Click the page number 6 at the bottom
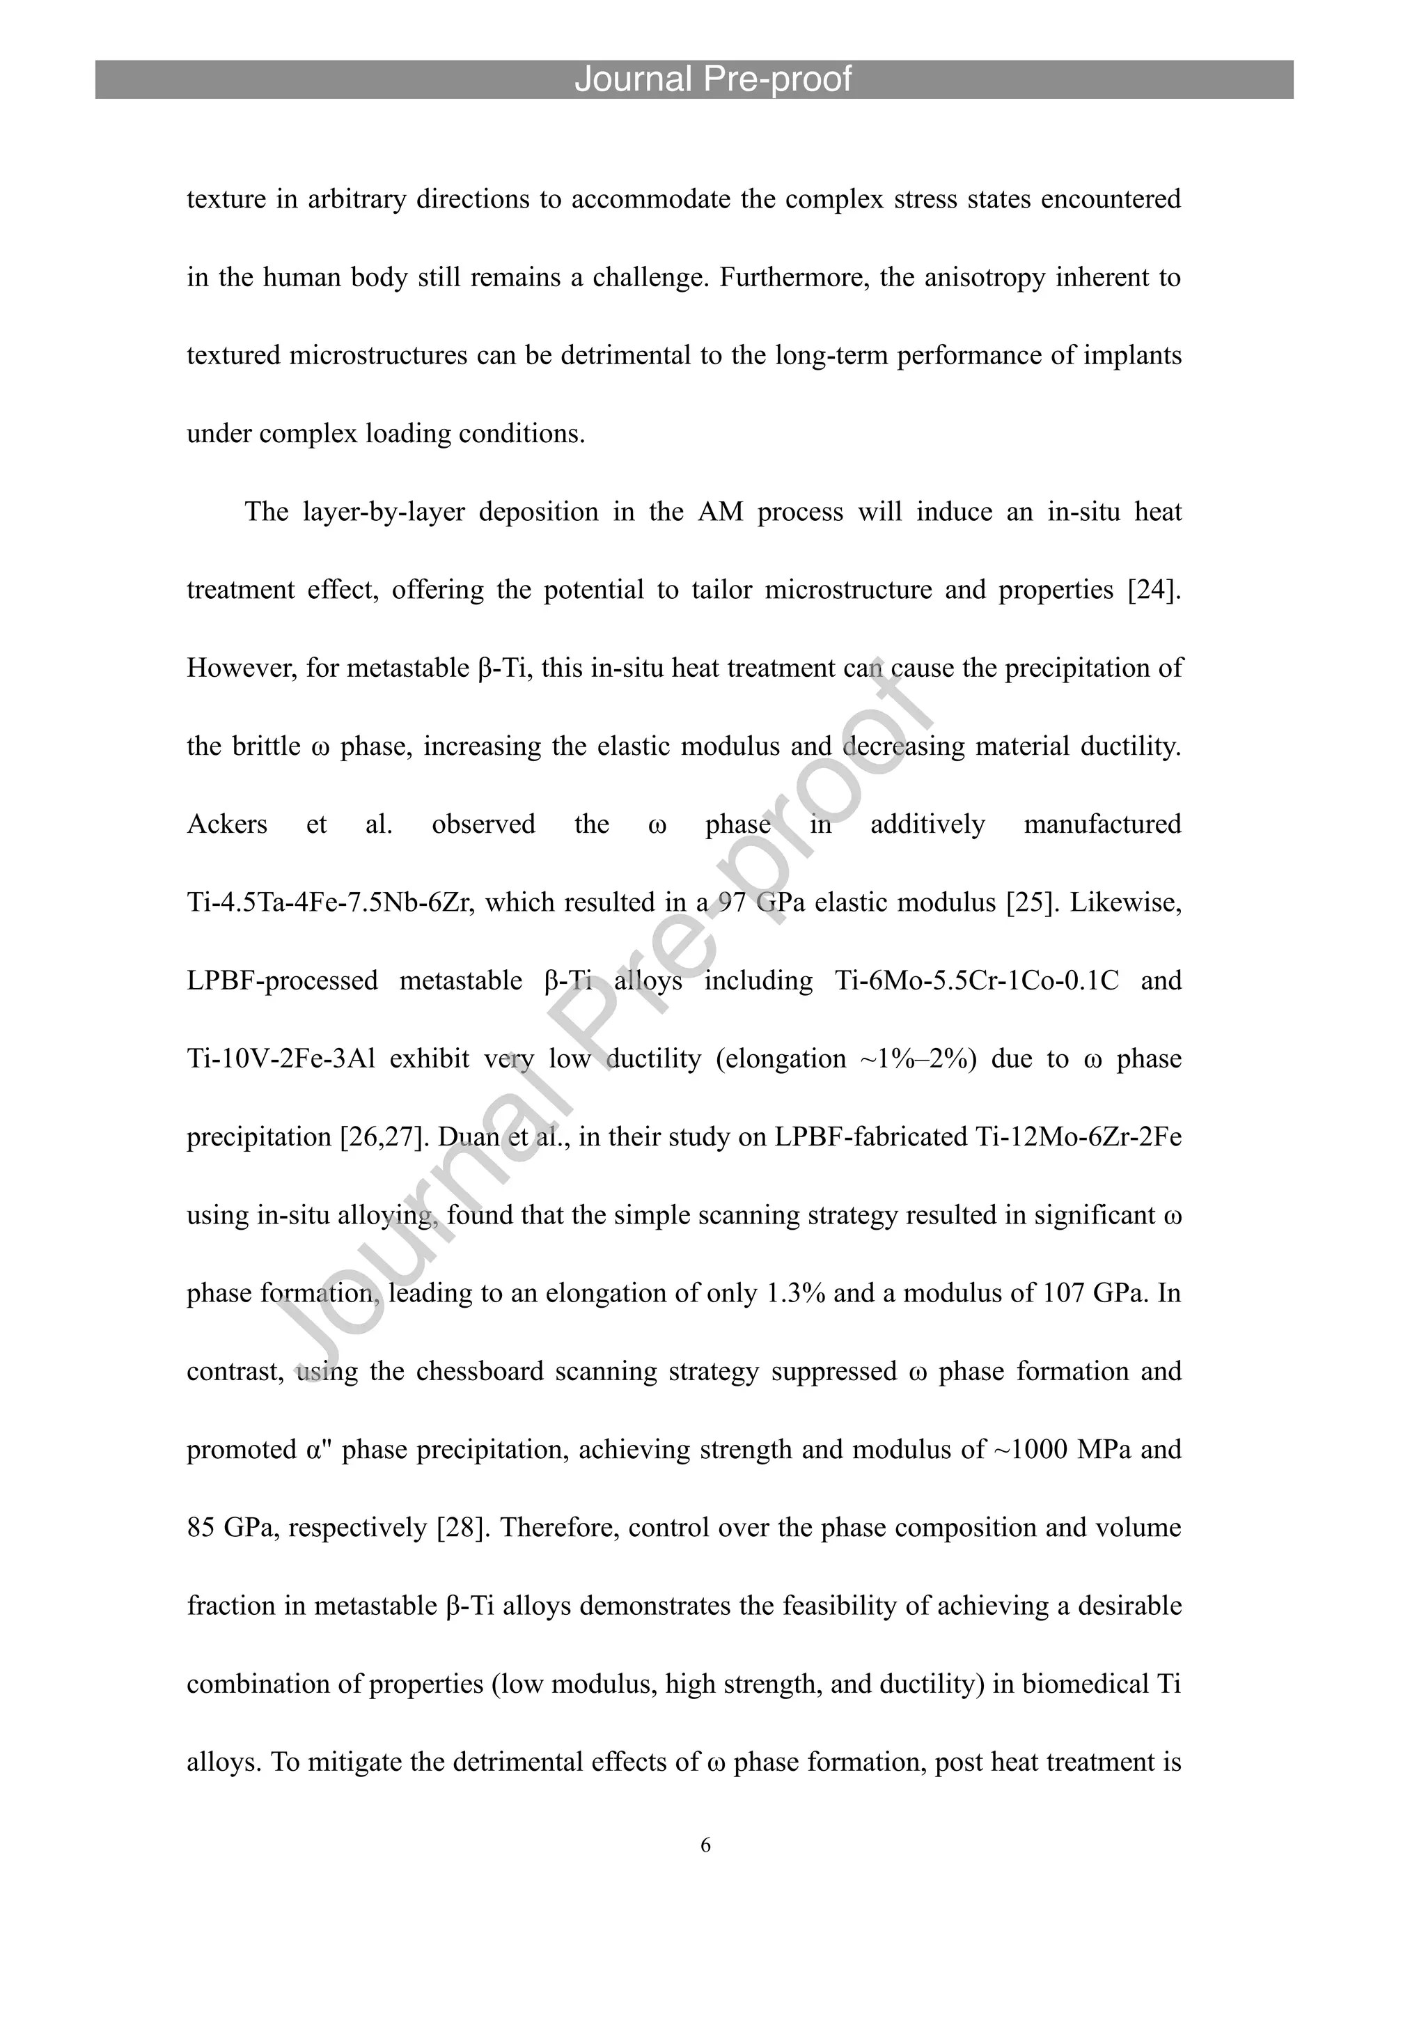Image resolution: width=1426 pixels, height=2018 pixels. (x=705, y=1845)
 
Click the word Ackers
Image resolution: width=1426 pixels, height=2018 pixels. (x=227, y=824)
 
